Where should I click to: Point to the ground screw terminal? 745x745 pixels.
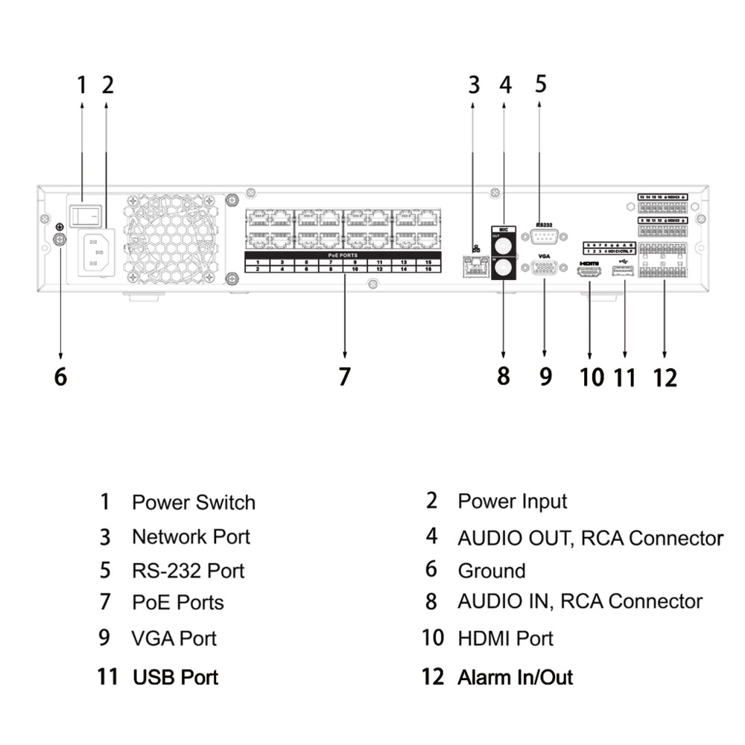click(60, 239)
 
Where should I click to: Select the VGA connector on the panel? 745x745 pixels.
click(544, 269)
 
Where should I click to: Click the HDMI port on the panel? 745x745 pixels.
click(589, 274)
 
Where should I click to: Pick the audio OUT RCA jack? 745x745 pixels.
click(504, 244)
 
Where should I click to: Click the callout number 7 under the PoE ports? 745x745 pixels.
click(344, 377)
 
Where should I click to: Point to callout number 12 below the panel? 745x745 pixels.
click(665, 378)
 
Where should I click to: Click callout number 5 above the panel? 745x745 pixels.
click(541, 83)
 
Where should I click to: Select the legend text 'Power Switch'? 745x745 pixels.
click(193, 502)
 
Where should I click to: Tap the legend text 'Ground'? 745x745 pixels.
click(491, 571)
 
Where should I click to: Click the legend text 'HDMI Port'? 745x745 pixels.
click(505, 638)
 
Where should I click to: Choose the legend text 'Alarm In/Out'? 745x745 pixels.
click(515, 677)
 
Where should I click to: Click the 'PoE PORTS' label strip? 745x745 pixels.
click(343, 255)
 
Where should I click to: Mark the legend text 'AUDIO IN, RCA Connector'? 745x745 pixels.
click(580, 601)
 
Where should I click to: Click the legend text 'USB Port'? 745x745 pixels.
click(175, 677)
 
